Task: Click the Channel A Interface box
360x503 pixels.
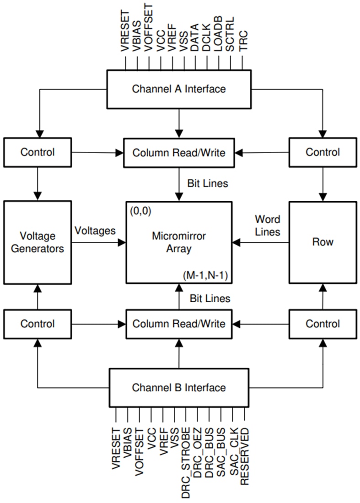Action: point(179,89)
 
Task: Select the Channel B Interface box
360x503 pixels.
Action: point(179,388)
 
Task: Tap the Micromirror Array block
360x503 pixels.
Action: point(179,242)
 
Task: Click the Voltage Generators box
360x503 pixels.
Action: point(38,242)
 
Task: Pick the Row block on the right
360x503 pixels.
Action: point(323,242)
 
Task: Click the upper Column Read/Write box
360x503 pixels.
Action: point(179,153)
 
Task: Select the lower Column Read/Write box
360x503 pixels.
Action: point(179,324)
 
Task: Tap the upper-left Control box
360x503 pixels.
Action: point(38,152)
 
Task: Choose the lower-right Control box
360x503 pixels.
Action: point(323,324)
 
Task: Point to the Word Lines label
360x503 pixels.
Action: point(268,225)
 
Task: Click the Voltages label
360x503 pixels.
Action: point(95,231)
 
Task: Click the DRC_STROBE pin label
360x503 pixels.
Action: point(186,462)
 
